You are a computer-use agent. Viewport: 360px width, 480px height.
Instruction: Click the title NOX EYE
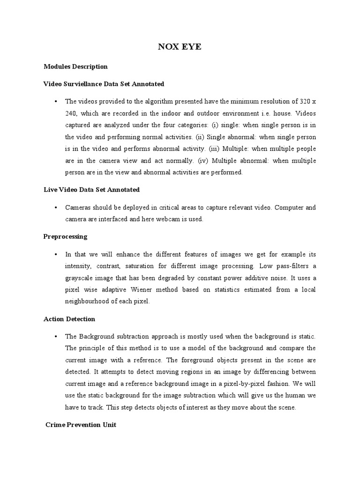[x=180, y=47]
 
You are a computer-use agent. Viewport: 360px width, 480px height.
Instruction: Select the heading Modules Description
[x=75, y=67]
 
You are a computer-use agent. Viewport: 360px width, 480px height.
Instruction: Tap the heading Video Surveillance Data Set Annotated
[x=104, y=84]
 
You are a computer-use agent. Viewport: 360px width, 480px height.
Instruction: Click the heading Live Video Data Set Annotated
[x=91, y=190]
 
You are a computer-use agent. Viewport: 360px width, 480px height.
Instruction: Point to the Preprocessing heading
[x=65, y=237]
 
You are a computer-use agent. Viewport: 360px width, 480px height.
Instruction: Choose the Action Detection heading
[x=69, y=319]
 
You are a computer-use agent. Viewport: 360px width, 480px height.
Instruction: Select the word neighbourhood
[x=89, y=302]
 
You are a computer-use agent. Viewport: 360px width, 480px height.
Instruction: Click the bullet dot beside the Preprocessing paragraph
[x=55, y=255]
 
